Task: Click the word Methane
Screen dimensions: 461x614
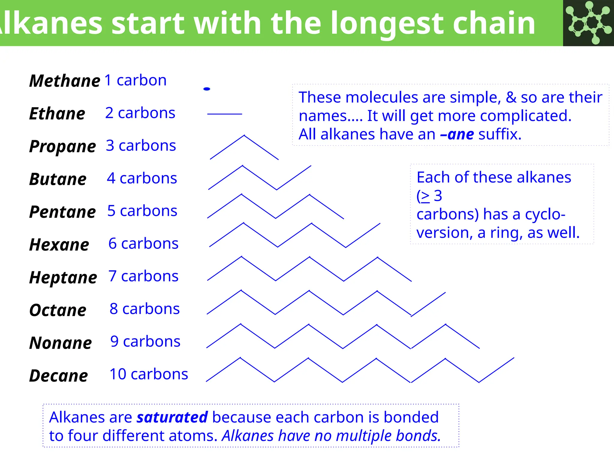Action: tap(64, 81)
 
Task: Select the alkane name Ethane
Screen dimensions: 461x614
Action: tap(57, 114)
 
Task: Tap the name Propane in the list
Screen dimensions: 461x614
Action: tap(62, 147)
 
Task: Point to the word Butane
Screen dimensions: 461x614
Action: tap(58, 179)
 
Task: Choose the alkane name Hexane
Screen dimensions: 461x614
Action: tap(59, 245)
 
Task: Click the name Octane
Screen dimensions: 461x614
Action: tap(58, 310)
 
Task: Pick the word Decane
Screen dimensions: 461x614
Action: tap(58, 376)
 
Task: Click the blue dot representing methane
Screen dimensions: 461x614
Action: tap(207, 89)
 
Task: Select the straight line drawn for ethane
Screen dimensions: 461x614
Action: tap(225, 114)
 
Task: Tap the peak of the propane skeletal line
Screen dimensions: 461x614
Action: tap(244, 136)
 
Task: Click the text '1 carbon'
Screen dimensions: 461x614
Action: tap(136, 80)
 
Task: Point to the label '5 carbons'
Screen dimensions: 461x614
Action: tap(142, 211)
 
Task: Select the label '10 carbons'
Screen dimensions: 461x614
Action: tap(149, 374)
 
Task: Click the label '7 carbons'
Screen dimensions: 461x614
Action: tap(143, 276)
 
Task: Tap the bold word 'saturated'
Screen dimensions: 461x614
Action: tap(172, 417)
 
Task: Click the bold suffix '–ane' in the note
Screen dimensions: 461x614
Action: tap(457, 134)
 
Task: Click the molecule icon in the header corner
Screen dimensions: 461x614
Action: tap(588, 23)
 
